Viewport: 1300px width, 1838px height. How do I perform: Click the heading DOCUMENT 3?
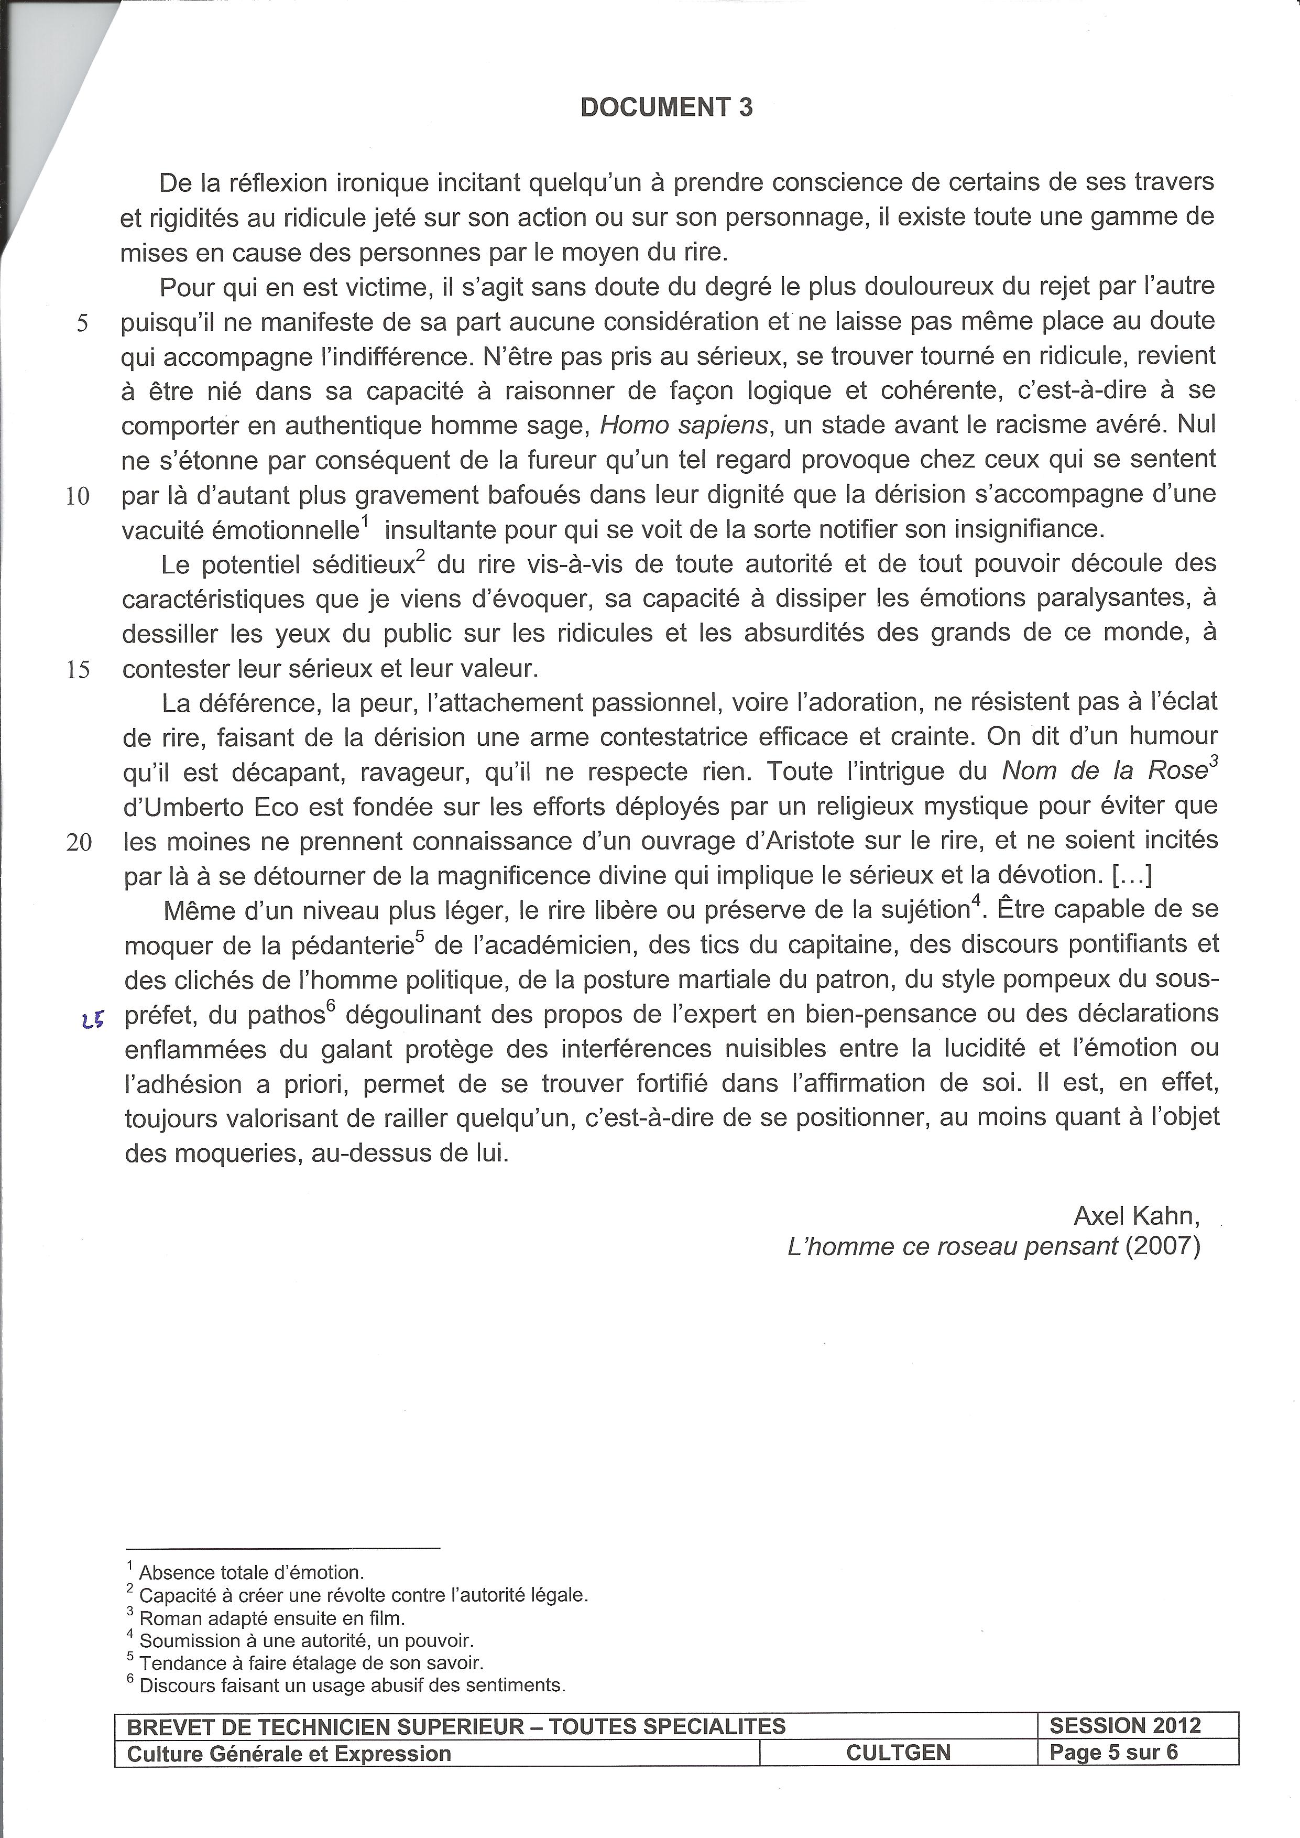(666, 107)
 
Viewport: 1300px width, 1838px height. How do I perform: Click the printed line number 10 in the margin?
(78, 496)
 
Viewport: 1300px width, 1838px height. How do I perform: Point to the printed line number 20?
(79, 842)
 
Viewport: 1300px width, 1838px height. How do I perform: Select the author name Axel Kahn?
(1136, 1216)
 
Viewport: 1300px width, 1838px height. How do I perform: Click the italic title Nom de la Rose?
(1104, 771)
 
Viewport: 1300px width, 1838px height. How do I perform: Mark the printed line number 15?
(78, 669)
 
